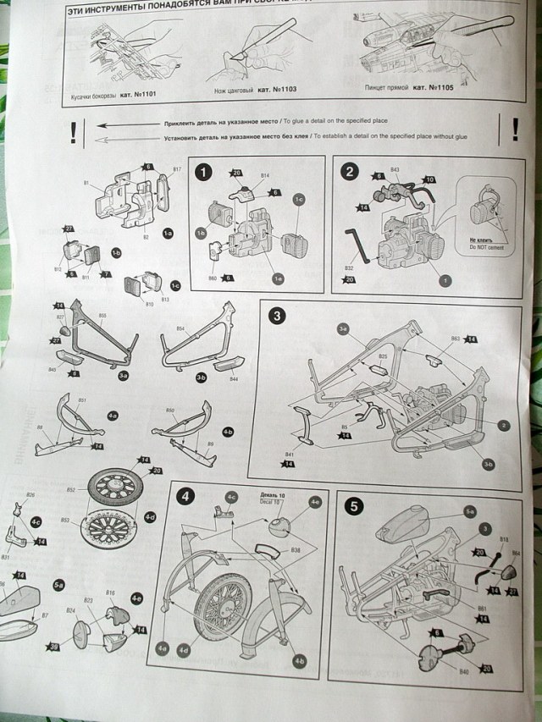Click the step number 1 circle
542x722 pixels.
pos(203,173)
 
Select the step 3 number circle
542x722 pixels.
pos(277,316)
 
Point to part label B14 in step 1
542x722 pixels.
pos(265,176)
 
